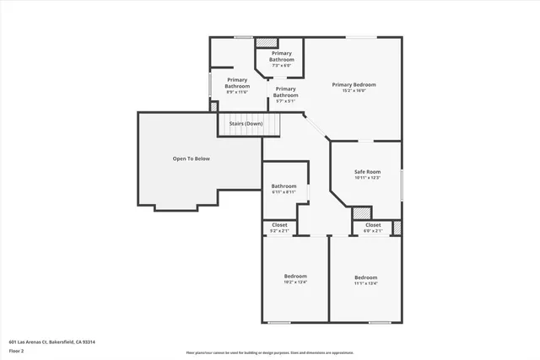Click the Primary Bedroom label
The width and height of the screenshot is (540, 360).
tap(354, 84)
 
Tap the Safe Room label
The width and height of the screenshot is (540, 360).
tap(367, 171)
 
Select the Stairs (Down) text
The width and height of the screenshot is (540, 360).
tap(246, 124)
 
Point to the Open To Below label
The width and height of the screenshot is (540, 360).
tap(191, 158)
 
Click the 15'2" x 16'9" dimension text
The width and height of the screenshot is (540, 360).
tap(354, 90)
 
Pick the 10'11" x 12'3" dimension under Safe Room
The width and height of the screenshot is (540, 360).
tap(367, 177)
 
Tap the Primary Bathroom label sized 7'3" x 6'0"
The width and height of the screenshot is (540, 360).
tap(282, 56)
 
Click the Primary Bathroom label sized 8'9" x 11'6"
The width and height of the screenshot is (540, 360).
tap(237, 83)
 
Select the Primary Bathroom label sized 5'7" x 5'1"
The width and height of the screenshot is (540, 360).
tap(285, 92)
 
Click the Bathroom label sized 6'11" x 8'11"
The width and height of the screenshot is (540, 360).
tap(283, 185)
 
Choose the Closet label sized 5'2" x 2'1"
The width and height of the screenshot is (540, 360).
tap(279, 225)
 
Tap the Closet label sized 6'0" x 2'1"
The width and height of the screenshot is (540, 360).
tap(372, 225)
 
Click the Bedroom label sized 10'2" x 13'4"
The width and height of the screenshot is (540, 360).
tap(295, 277)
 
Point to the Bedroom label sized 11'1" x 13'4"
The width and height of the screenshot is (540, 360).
tap(365, 277)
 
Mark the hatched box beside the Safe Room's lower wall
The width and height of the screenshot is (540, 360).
tap(361, 214)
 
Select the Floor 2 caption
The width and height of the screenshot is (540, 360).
tap(17, 351)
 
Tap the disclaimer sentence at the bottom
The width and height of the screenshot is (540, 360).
tap(270, 352)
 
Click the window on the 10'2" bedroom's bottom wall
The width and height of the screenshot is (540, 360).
tap(280, 322)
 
